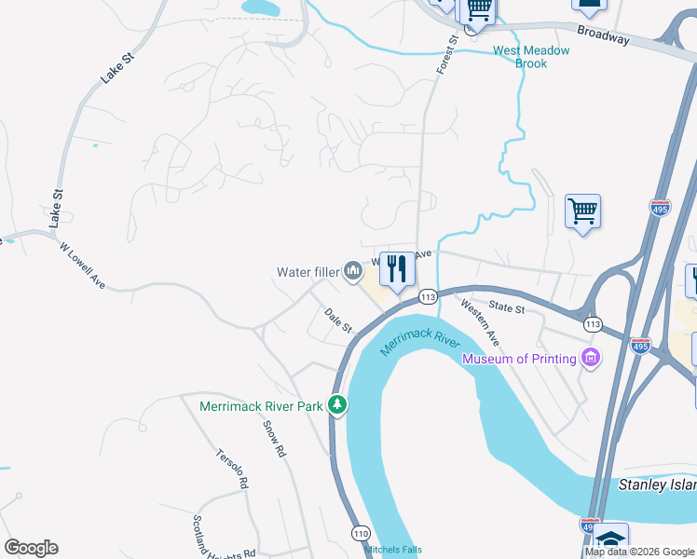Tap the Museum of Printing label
pyautogui.click(x=519, y=358)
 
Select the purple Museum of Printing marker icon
pyautogui.click(x=589, y=358)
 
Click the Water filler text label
pyautogui.click(x=307, y=272)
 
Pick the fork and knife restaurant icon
pyautogui.click(x=397, y=269)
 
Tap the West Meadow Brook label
pyautogui.click(x=531, y=57)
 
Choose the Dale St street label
pyautogui.click(x=339, y=320)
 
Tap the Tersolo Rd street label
pyautogui.click(x=233, y=470)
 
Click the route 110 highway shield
pyautogui.click(x=362, y=533)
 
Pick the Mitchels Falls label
pyautogui.click(x=392, y=550)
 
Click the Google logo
pyautogui.click(x=31, y=548)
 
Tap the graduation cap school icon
pyautogui.click(x=611, y=540)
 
